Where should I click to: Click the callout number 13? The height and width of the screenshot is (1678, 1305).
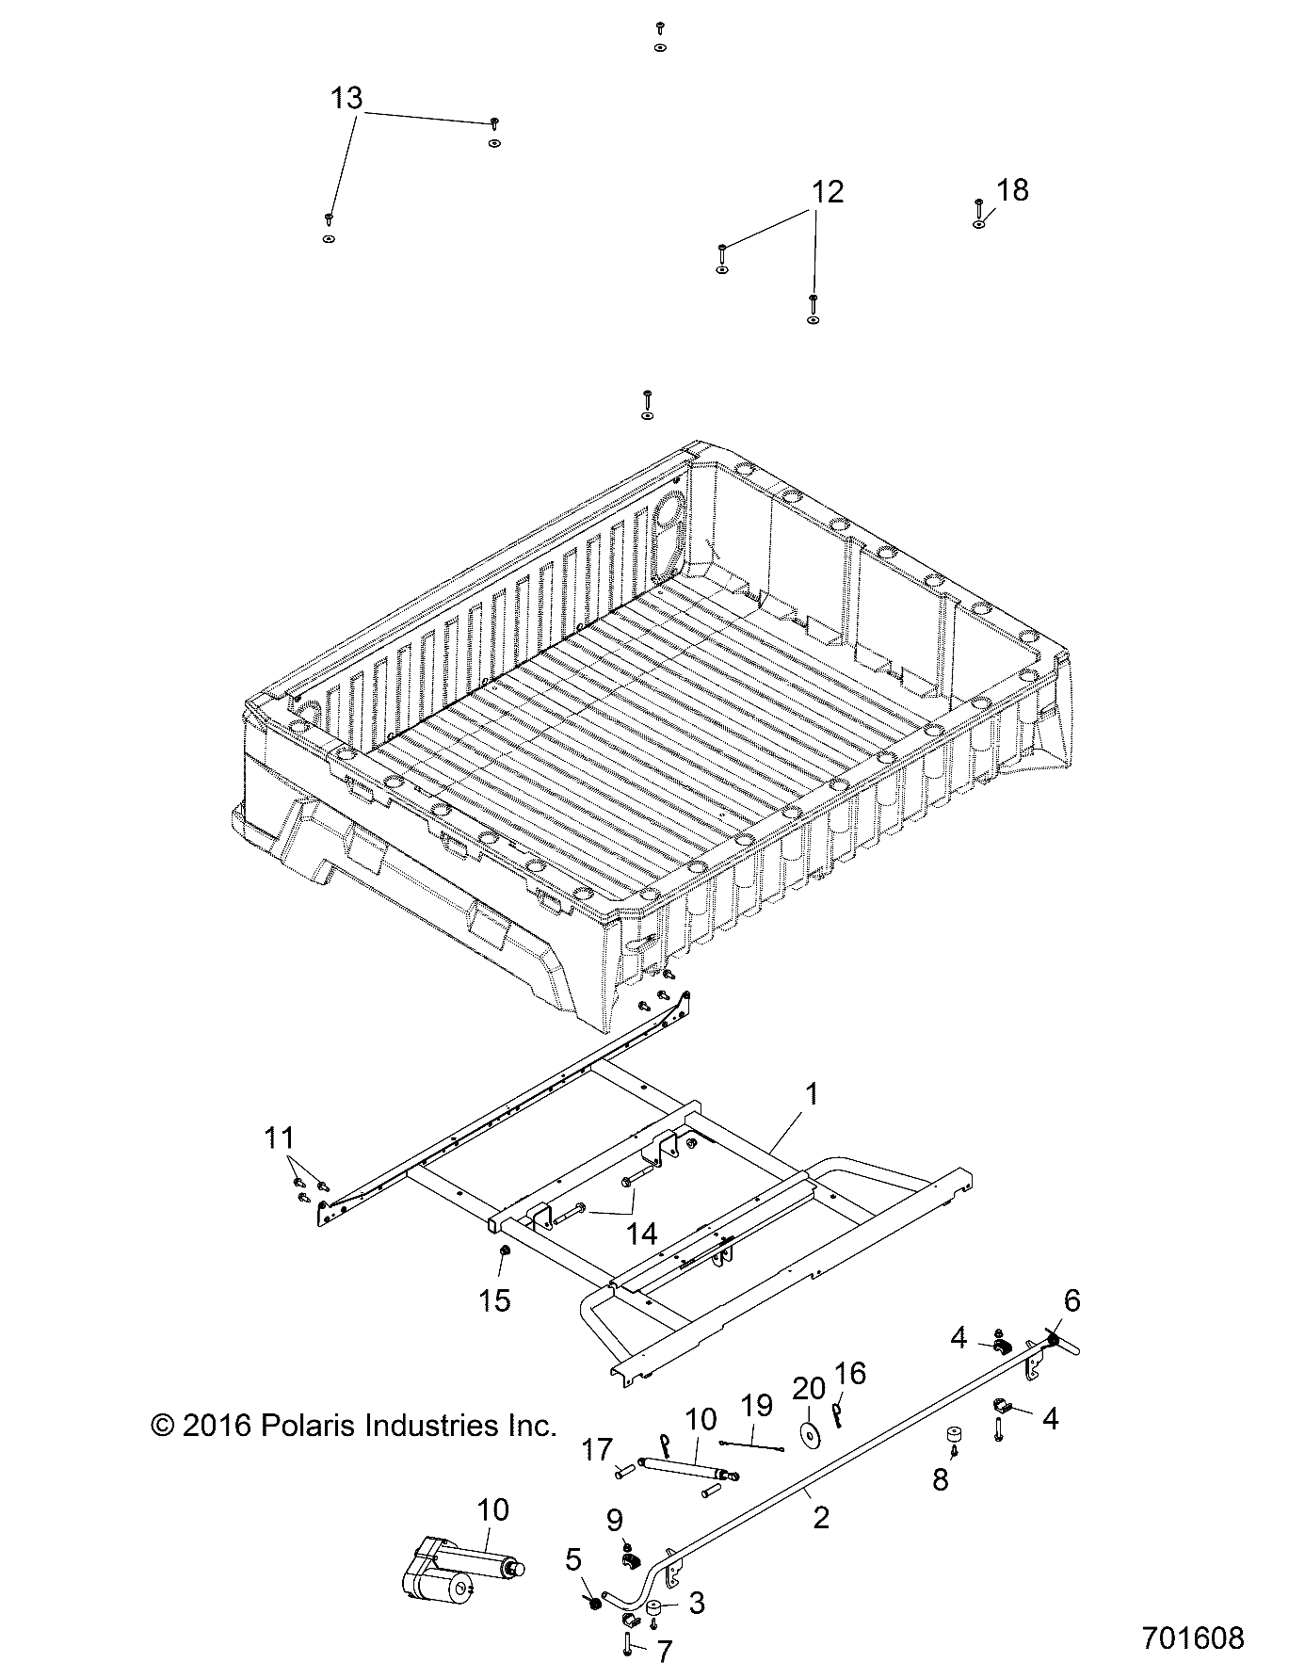346,98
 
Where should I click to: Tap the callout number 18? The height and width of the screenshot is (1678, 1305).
1012,190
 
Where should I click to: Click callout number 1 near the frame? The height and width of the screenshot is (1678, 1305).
812,1095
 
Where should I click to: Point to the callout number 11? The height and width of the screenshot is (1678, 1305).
279,1137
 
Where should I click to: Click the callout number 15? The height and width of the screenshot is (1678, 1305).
493,1300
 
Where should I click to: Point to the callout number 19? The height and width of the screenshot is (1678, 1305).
756,1406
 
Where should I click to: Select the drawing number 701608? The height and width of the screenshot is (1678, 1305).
1192,1638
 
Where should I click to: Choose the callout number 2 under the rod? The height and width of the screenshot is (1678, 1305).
820,1517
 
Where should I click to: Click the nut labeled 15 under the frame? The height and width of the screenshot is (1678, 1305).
504,1250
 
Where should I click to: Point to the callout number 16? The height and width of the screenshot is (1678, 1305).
850,1374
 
